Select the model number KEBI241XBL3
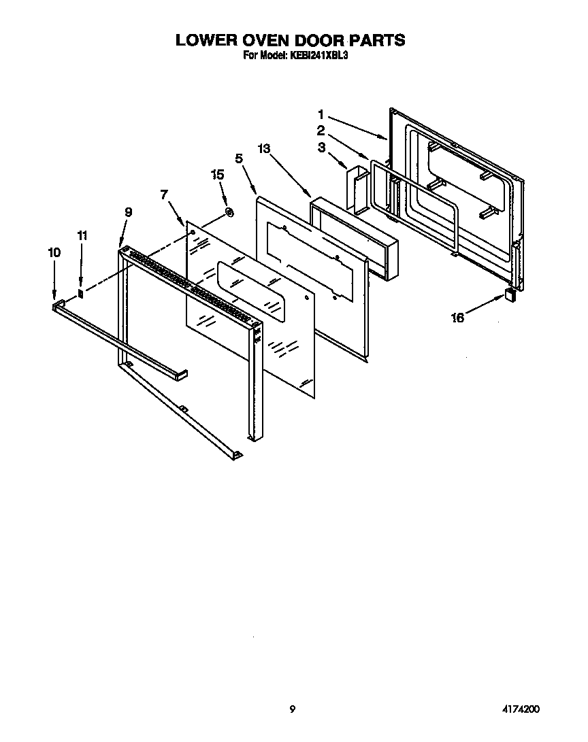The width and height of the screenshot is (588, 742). [x=320, y=56]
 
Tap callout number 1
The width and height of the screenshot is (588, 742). [x=321, y=114]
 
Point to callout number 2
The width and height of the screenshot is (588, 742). [x=321, y=130]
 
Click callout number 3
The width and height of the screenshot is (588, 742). [x=321, y=146]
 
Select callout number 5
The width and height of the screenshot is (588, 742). [x=239, y=158]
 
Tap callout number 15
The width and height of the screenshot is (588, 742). [x=217, y=175]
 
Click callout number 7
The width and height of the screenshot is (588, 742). [x=164, y=195]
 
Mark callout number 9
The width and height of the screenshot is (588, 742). [x=128, y=212]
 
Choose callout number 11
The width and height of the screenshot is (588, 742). [x=82, y=235]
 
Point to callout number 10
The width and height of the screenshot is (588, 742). [x=54, y=252]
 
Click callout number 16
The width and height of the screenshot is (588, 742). [x=458, y=318]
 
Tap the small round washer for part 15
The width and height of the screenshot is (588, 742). [x=229, y=214]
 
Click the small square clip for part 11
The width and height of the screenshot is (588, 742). [x=80, y=294]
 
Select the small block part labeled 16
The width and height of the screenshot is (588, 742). [x=509, y=293]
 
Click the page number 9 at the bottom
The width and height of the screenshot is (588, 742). [x=293, y=709]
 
